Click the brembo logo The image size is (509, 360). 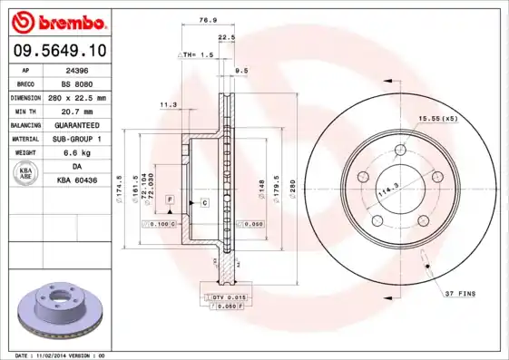(56, 20)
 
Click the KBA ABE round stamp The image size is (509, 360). (26, 174)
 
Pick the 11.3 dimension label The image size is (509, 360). (168, 105)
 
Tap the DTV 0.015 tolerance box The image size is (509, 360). (226, 297)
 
